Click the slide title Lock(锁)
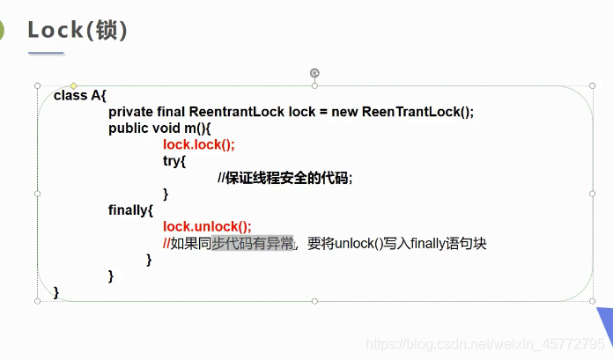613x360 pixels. tap(78, 30)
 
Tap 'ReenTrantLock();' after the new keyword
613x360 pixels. tap(417, 112)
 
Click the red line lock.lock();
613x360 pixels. tap(199, 144)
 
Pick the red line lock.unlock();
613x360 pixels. tap(207, 226)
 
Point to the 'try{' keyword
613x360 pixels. tap(174, 161)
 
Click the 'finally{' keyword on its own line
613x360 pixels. tap(131, 210)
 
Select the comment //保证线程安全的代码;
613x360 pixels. tap(284, 178)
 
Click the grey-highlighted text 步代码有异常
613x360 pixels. tap(252, 243)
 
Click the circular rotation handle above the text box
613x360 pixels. tap(314, 73)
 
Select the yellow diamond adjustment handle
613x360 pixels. tap(73, 85)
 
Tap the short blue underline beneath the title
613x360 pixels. tap(46, 54)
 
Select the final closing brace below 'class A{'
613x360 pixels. tap(56, 291)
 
